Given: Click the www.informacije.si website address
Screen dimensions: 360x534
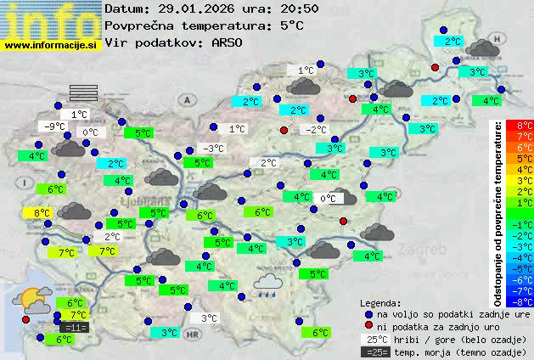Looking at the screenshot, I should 51,46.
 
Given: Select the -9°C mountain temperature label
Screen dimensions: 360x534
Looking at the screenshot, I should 55,127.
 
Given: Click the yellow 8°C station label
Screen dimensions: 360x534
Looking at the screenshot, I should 42,212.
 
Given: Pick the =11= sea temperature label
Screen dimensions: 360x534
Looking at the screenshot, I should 75,328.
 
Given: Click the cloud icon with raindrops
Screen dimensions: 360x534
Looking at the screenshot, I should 270,284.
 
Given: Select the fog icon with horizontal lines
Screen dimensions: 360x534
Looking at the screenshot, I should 84,93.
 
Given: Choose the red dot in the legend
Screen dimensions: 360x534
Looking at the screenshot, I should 368,327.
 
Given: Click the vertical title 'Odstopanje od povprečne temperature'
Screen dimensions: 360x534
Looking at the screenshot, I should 497,212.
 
